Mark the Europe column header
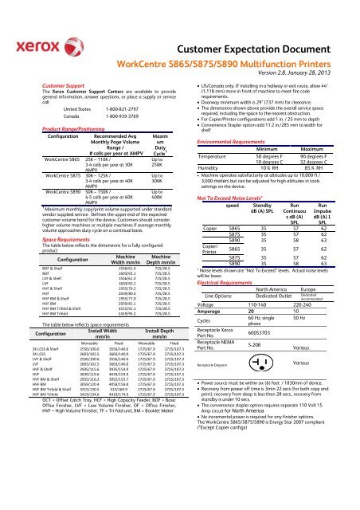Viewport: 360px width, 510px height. pyautogui.click(x=314, y=268)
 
